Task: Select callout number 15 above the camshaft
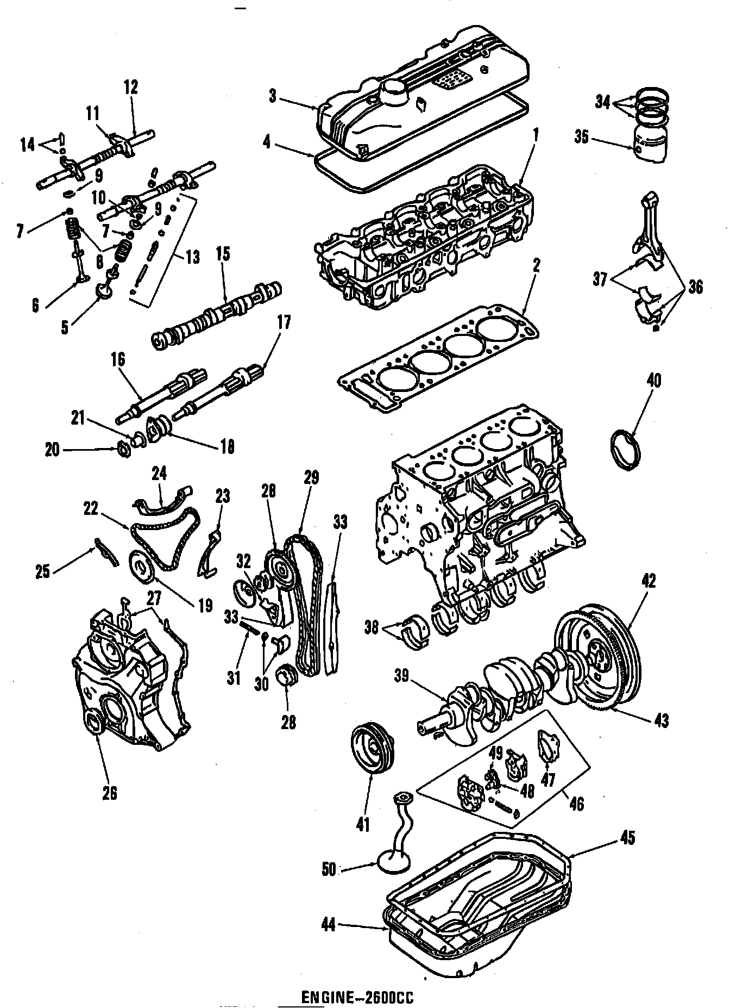(x=223, y=254)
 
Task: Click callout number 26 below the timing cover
(x=110, y=794)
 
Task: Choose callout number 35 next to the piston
(x=581, y=138)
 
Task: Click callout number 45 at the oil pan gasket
(x=627, y=838)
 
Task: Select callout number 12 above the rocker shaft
(x=131, y=87)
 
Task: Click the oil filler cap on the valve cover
(x=396, y=91)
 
